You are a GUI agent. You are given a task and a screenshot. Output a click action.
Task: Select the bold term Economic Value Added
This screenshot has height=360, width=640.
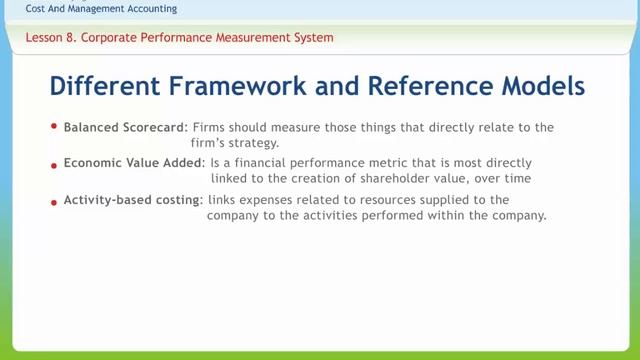[133, 162]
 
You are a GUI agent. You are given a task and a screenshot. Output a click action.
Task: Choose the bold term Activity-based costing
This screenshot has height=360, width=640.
[130, 201]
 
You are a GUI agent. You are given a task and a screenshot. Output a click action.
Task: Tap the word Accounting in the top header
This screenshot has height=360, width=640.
[150, 9]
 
